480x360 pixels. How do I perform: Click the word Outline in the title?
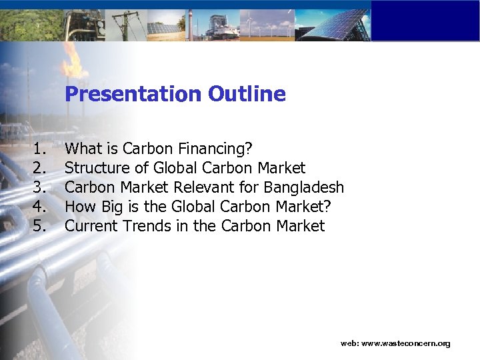point(247,94)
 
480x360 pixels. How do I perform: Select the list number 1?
point(39,148)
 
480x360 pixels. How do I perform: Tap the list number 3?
point(39,187)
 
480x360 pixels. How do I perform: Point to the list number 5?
point(39,226)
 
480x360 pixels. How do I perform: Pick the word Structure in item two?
point(94,167)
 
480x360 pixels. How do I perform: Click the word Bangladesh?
point(304,187)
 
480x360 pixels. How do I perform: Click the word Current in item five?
point(91,226)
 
